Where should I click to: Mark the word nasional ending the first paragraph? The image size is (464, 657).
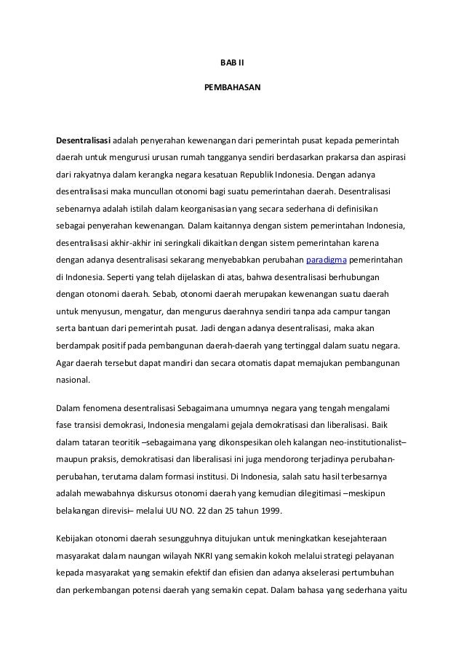[73, 379]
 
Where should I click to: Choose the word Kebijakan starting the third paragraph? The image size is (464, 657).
[78, 539]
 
